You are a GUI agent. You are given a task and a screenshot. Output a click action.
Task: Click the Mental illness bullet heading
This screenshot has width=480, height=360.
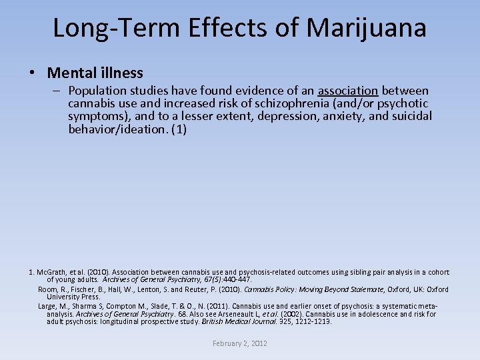tap(95, 73)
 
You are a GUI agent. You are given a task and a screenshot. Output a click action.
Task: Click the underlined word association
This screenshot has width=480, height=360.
tap(348, 91)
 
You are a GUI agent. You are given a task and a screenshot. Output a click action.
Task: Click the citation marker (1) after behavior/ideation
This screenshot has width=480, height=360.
tap(179, 129)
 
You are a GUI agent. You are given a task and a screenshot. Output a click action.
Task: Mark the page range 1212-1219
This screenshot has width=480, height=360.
tap(313, 322)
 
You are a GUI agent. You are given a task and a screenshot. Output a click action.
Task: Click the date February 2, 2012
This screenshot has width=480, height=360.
tap(240, 343)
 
